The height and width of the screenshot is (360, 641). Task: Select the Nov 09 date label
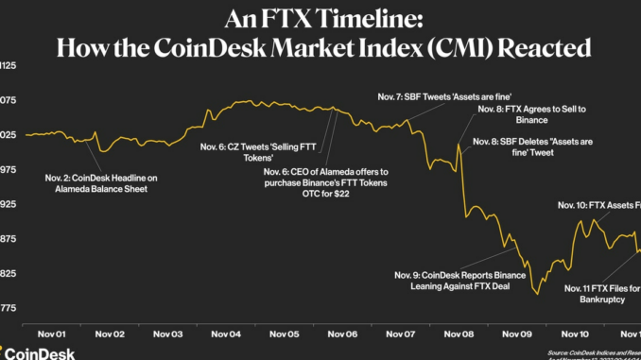pos(519,334)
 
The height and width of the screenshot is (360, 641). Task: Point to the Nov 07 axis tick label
pos(403,334)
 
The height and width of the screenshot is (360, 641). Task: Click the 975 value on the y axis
pos(9,170)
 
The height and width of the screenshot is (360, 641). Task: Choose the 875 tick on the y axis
pos(9,239)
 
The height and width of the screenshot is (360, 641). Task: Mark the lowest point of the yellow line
pos(539,294)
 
